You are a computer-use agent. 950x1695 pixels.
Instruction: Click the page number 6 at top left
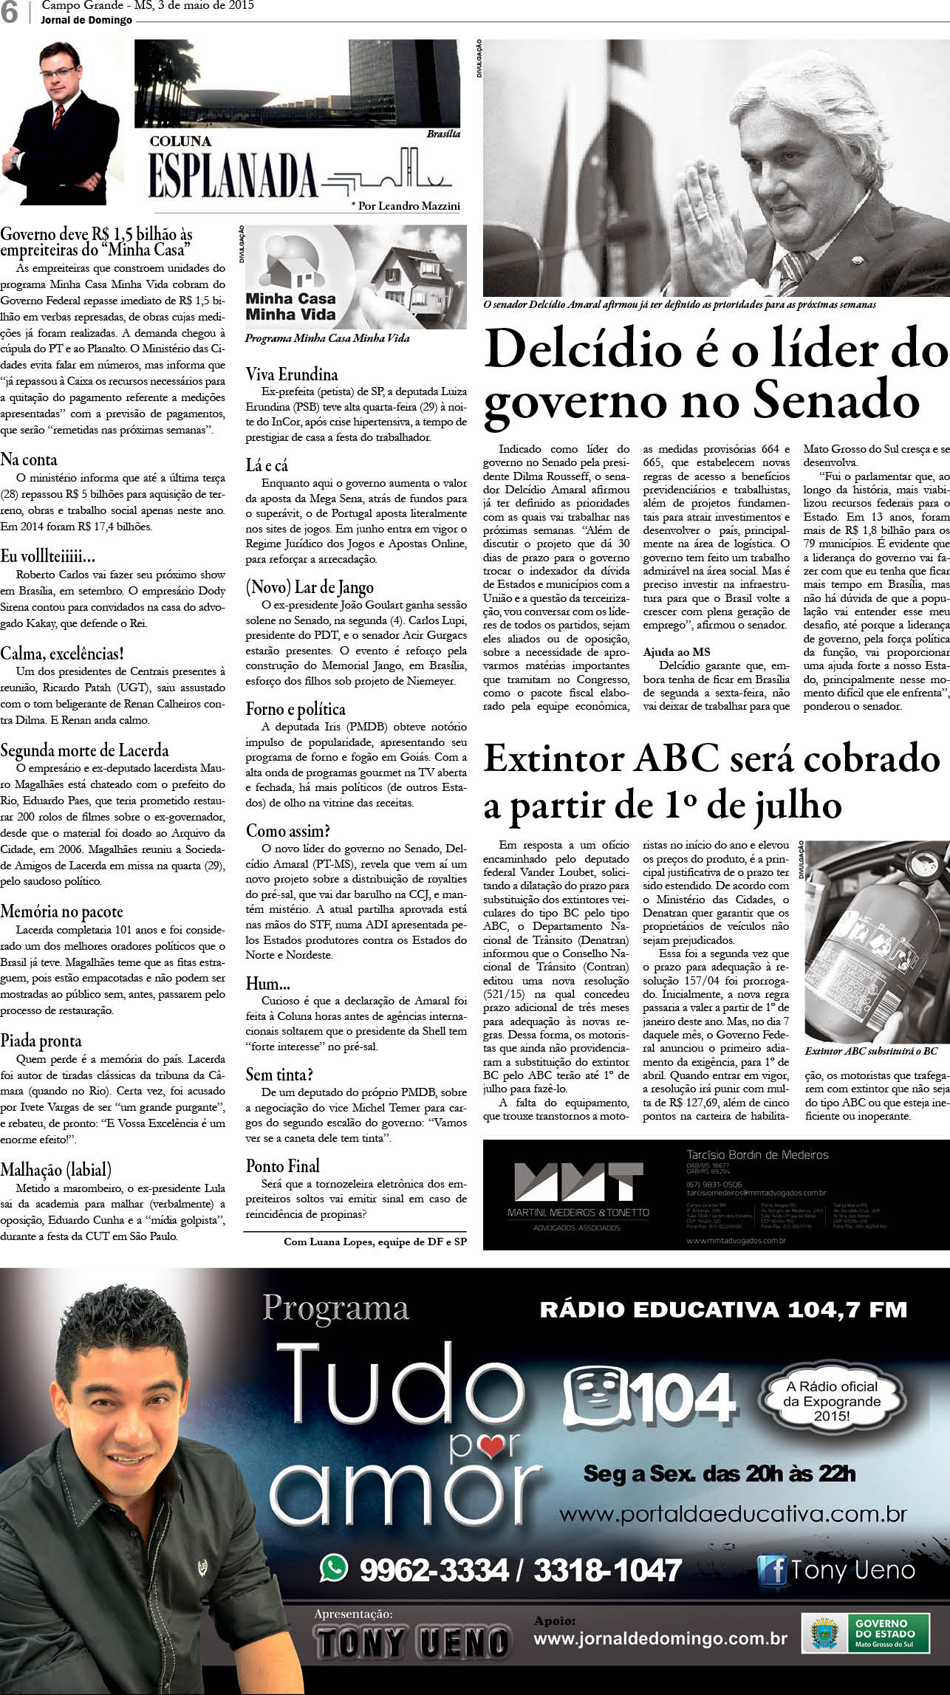pyautogui.click(x=10, y=13)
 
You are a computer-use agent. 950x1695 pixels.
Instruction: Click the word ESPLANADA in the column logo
pyautogui.click(x=233, y=177)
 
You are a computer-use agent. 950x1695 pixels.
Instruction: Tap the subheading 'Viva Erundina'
pyautogui.click(x=292, y=374)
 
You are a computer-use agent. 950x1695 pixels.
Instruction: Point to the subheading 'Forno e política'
pyautogui.click(x=295, y=709)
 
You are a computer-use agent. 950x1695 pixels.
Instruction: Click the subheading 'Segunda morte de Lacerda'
pyautogui.click(x=84, y=750)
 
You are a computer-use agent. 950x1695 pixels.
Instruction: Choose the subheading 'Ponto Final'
pyautogui.click(x=283, y=1165)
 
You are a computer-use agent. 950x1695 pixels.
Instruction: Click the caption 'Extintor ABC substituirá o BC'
pyautogui.click(x=871, y=1050)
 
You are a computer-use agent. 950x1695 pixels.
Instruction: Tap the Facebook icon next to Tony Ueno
pyautogui.click(x=772, y=1569)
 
